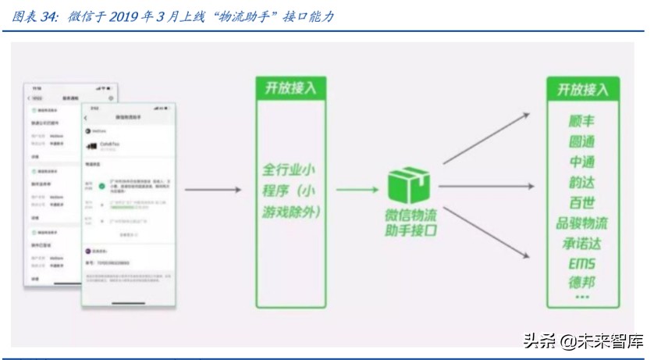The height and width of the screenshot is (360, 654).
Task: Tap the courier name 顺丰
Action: click(x=582, y=121)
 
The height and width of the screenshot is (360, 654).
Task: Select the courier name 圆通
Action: click(x=582, y=141)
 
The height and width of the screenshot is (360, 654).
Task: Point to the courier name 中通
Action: click(x=582, y=162)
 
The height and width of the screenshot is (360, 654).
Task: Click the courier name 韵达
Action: click(x=582, y=182)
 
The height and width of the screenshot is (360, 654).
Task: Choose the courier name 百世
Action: click(x=582, y=202)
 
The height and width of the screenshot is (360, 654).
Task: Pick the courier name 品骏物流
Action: click(x=582, y=223)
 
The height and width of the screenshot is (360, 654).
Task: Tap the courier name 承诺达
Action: click(x=582, y=243)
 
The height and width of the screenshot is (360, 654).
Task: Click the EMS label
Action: click(x=582, y=263)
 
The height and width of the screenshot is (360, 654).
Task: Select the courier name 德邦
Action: click(x=582, y=282)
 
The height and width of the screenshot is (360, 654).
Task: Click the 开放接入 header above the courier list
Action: click(x=582, y=89)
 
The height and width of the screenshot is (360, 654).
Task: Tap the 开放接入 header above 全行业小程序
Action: click(x=291, y=87)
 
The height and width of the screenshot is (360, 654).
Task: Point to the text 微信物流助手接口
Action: click(x=411, y=222)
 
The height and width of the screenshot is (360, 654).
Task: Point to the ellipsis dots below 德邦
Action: click(x=582, y=298)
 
